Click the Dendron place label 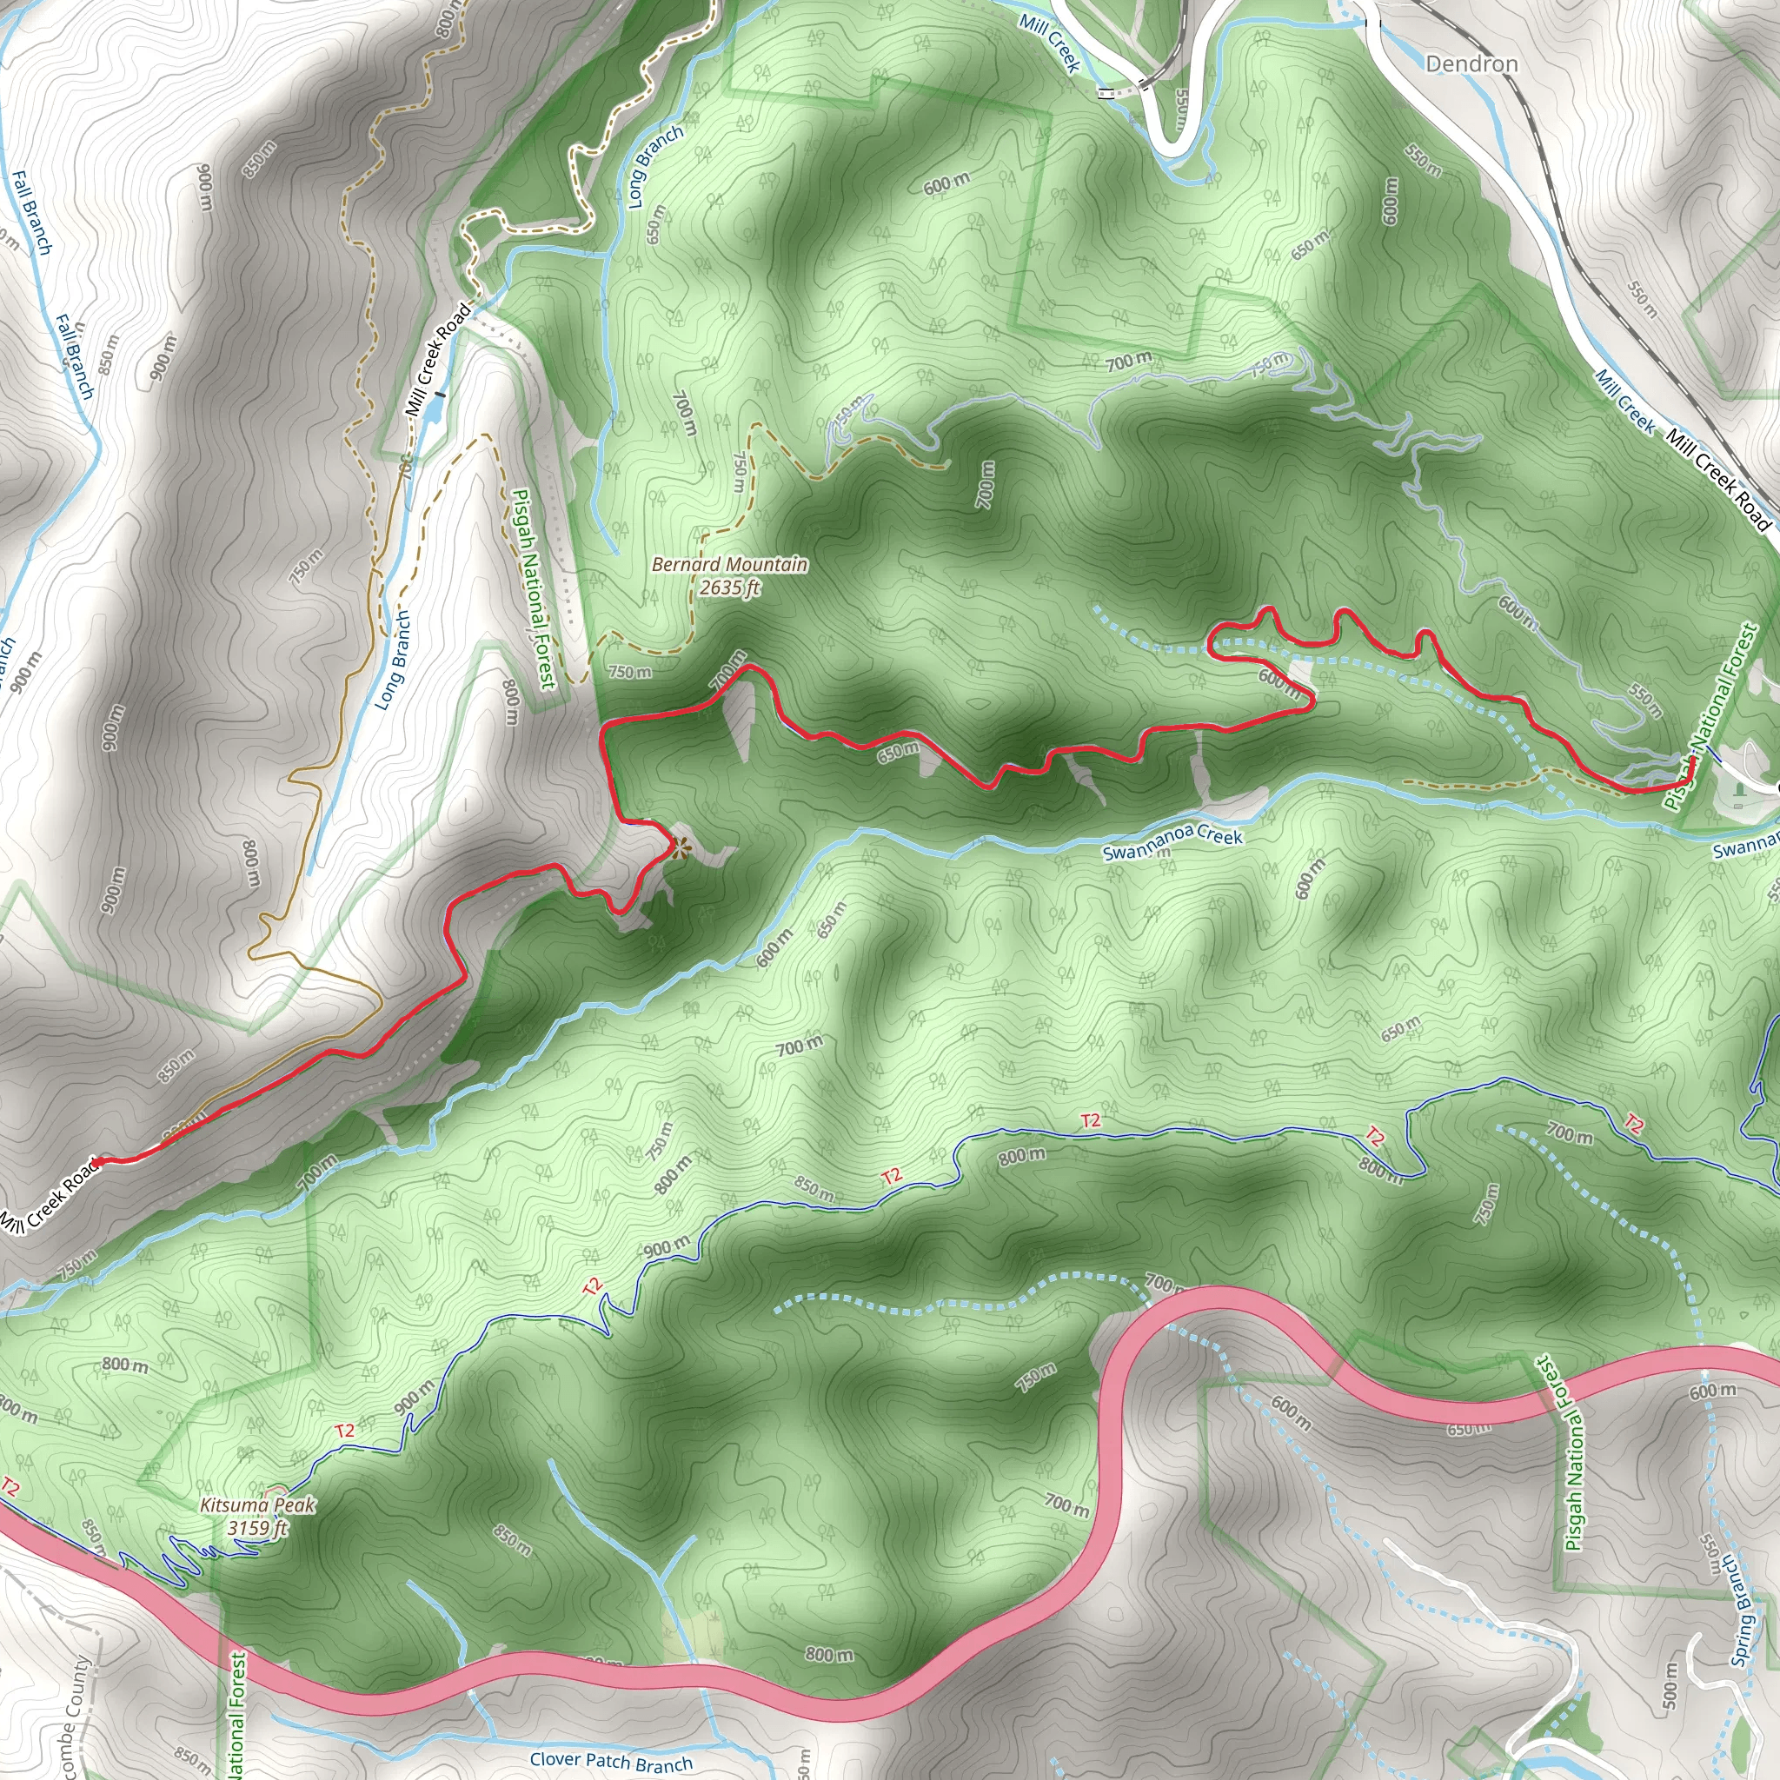pos(1471,63)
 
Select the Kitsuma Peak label pos(258,1504)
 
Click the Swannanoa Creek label pos(1172,842)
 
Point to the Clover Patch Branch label pos(611,1761)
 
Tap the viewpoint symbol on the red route pos(680,847)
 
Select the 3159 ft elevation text pos(257,1528)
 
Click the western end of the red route pos(96,1161)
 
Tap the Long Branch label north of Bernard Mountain pos(655,166)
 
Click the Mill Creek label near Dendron pos(1049,42)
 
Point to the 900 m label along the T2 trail pos(666,1248)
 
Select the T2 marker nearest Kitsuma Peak pos(344,1430)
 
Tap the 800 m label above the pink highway pos(829,1654)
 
